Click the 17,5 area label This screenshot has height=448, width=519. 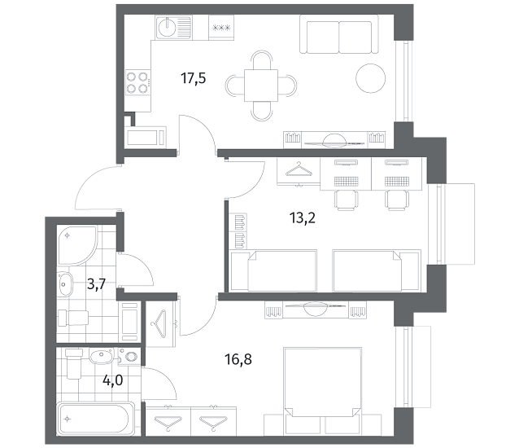(194, 79)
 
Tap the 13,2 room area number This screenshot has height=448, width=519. (302, 218)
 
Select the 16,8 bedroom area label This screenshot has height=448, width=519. (238, 359)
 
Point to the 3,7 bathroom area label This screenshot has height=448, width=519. (96, 284)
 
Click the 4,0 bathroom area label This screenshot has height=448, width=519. (113, 380)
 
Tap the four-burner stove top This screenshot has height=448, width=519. (137, 82)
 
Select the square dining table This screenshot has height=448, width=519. (261, 86)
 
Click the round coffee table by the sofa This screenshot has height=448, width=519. (370, 78)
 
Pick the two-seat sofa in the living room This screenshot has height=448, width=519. (339, 33)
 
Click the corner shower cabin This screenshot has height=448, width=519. (76, 245)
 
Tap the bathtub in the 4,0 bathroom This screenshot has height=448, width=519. (96, 419)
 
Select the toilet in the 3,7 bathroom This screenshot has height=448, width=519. (73, 318)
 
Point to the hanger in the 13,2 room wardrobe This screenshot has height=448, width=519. (299, 170)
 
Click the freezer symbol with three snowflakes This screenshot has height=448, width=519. (221, 28)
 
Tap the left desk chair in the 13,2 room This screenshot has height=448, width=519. (346, 200)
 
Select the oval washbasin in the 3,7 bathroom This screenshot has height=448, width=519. (65, 284)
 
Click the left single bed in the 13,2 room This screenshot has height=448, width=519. (273, 271)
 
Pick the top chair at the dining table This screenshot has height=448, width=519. (261, 60)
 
